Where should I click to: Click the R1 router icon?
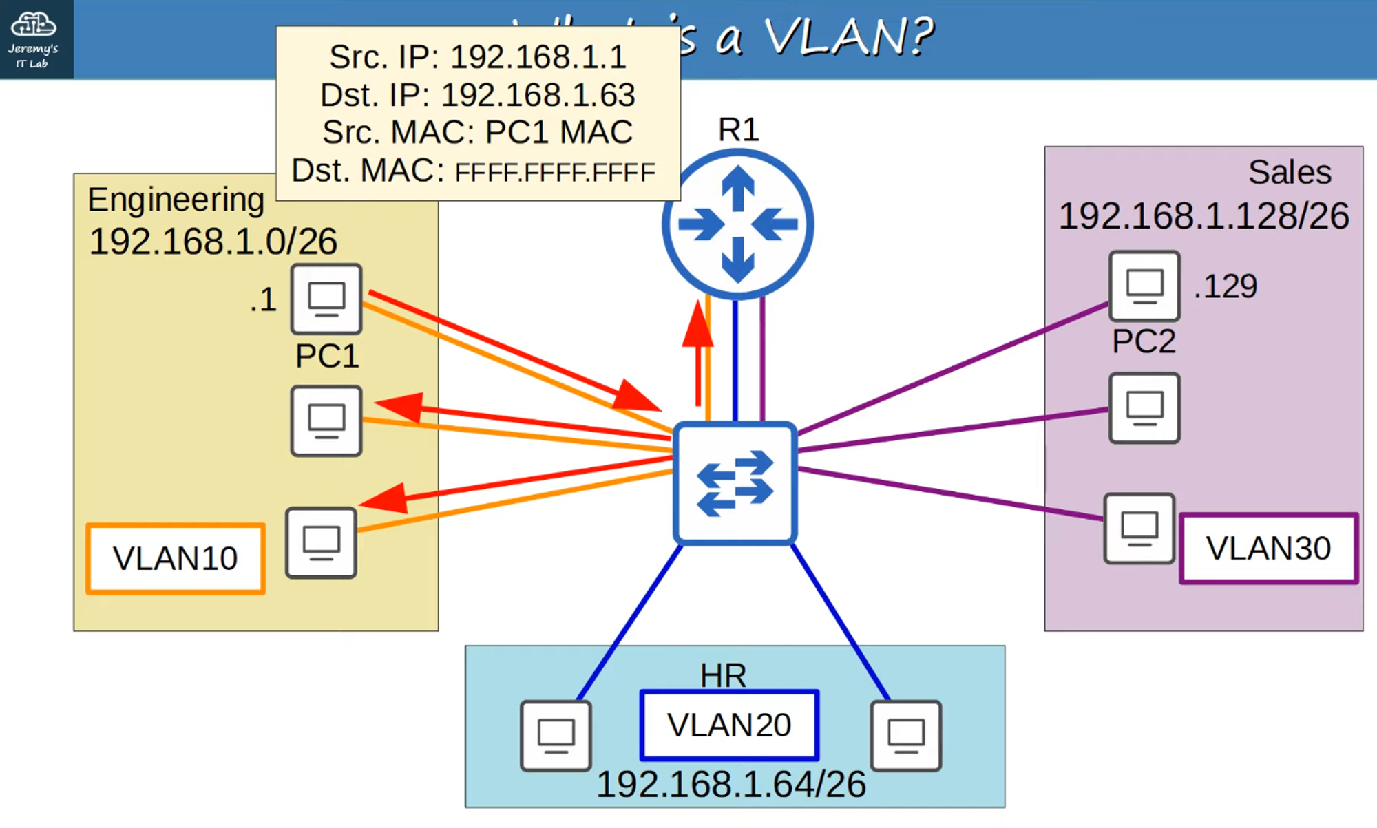click(737, 224)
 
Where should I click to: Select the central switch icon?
click(735, 483)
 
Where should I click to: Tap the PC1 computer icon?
click(326, 299)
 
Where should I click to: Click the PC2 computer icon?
click(1144, 286)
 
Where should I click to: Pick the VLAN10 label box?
click(176, 558)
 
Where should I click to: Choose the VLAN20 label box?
click(729, 725)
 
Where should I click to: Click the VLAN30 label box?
click(1268, 549)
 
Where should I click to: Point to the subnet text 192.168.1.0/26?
click(213, 242)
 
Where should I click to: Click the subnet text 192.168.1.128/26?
click(1203, 216)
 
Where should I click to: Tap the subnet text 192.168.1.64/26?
click(731, 785)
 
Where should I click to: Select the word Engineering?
click(176, 200)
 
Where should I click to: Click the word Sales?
click(1290, 172)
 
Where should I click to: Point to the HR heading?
click(723, 675)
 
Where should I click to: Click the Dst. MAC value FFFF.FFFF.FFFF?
click(555, 173)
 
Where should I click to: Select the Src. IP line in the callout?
click(477, 56)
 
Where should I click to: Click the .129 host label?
click(1226, 286)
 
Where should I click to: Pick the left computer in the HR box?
click(556, 735)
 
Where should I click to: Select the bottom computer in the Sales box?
click(1139, 529)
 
